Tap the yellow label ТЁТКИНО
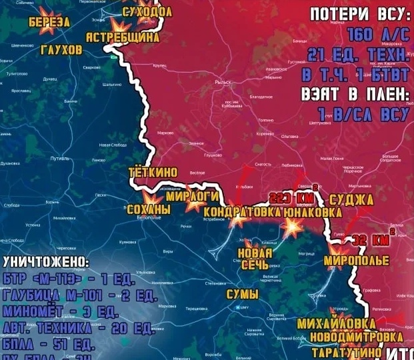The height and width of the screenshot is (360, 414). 153,173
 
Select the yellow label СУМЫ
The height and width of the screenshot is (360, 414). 243,294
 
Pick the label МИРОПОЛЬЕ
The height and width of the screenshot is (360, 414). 357,260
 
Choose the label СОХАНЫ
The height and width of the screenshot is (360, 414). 148,209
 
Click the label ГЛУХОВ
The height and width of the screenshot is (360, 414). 61,50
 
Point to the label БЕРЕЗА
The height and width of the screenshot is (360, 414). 49,22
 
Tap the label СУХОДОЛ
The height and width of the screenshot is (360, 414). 147,11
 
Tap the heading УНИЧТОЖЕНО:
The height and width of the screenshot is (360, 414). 45,261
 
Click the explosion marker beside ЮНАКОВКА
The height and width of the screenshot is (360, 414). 292,225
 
